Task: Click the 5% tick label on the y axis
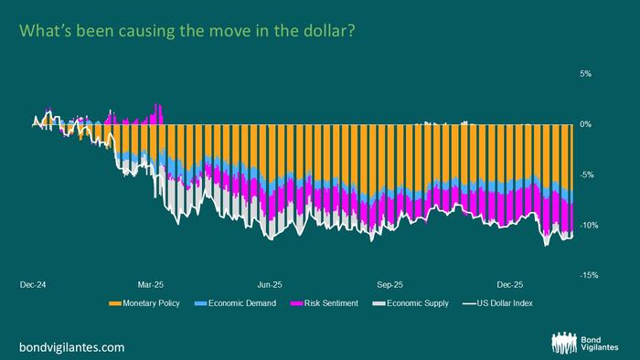tap(585, 73)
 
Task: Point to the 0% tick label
tap(586, 124)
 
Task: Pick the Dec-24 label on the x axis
tap(32, 284)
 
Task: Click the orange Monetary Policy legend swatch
tap(115, 303)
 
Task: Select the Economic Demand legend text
tap(230, 303)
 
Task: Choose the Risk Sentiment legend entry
tap(326, 303)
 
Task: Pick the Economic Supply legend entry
tap(417, 303)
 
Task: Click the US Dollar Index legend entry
tap(502, 303)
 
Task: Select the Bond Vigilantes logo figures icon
tap(563, 342)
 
